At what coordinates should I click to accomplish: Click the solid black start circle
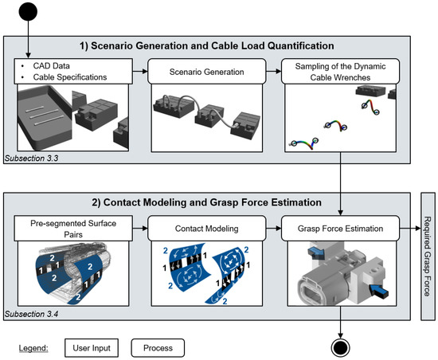pyautogui.click(x=28, y=11)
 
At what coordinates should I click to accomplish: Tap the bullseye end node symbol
pyautogui.click(x=340, y=348)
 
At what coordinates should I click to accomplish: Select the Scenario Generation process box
pyautogui.click(x=207, y=71)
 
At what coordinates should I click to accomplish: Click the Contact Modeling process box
pyautogui.click(x=207, y=228)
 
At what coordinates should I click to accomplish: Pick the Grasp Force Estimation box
pyautogui.click(x=340, y=228)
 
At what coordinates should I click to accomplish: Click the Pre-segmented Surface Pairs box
pyautogui.click(x=73, y=228)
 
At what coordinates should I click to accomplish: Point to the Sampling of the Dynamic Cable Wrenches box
pyautogui.click(x=340, y=71)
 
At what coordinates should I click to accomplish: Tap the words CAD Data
pyautogui.click(x=52, y=66)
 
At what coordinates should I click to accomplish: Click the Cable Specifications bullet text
pyautogui.click(x=70, y=77)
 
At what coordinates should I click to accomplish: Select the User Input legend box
pyautogui.click(x=92, y=348)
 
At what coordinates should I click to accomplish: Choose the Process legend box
pyautogui.click(x=158, y=348)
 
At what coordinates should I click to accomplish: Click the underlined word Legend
pyautogui.click(x=33, y=348)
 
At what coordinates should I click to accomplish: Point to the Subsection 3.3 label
pyautogui.click(x=31, y=158)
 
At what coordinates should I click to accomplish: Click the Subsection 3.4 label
pyautogui.click(x=31, y=314)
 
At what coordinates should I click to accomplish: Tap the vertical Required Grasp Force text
pyautogui.click(x=428, y=256)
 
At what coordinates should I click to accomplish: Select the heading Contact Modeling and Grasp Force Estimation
pyautogui.click(x=207, y=202)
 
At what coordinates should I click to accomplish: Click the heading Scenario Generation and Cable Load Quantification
pyautogui.click(x=207, y=46)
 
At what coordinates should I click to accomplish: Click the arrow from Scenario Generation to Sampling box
pyautogui.click(x=273, y=71)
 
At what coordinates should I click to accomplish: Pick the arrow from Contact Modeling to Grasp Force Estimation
pyautogui.click(x=273, y=228)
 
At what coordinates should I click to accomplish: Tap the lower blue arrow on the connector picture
pyautogui.click(x=379, y=291)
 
